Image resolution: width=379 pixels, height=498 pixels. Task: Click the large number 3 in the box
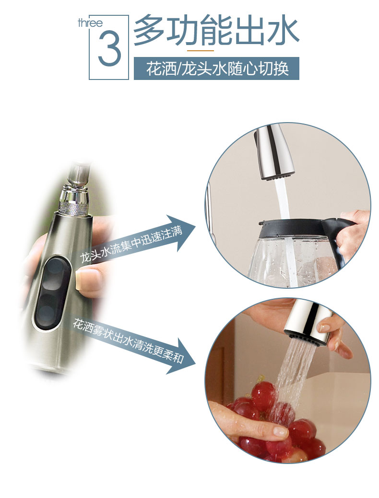110,48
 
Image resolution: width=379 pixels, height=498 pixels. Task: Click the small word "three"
90,23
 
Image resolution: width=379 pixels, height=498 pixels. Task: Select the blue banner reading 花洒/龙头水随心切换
216,68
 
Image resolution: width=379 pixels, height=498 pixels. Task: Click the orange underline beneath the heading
200,50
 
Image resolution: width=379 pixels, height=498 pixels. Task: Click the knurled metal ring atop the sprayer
74,208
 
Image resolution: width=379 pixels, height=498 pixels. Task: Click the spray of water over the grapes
293,375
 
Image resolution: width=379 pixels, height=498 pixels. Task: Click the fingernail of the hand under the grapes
280,431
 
